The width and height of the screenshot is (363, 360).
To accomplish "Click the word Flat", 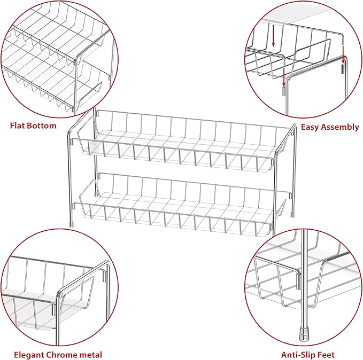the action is (17, 126).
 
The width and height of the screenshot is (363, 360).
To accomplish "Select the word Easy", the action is (310, 127).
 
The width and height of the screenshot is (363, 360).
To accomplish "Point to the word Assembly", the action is (340, 127).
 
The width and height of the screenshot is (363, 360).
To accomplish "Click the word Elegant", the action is (29, 355).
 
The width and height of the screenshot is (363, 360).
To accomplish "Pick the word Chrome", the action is (61, 355).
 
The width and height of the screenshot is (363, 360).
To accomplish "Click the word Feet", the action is (327, 355).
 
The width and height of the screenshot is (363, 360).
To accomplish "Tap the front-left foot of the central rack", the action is (72, 224).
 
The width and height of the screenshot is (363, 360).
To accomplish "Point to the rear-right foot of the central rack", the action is (293, 214).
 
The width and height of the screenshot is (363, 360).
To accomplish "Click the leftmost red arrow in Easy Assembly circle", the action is (273, 36).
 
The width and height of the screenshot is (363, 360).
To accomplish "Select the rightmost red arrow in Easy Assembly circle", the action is (343, 54).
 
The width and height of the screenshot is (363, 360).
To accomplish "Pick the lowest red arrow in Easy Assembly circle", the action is (284, 77).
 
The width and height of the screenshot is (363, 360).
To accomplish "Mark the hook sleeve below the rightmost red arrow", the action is (343, 69).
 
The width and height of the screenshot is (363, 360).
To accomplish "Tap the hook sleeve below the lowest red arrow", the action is (283, 91).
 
